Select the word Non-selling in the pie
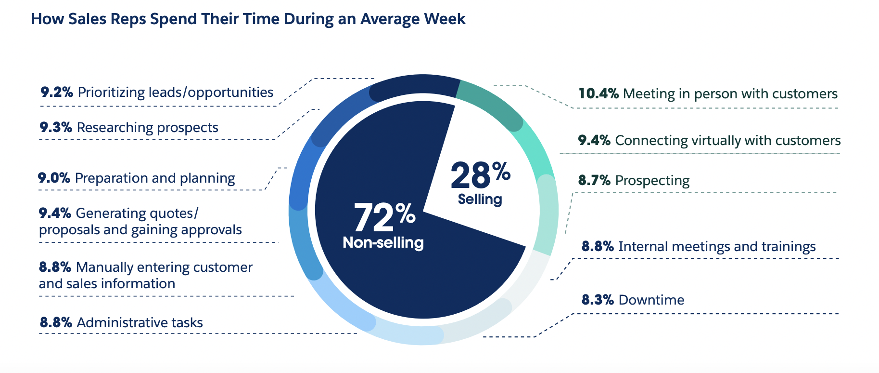(x=383, y=242)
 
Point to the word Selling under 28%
(x=480, y=199)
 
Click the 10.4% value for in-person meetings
(x=598, y=93)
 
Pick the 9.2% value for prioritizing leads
(x=57, y=92)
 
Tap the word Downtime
(x=651, y=300)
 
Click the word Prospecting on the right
(x=652, y=181)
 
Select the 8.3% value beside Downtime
(x=598, y=300)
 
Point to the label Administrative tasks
(x=140, y=322)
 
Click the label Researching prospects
(x=147, y=128)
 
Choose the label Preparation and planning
(x=155, y=178)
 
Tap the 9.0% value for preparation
(x=54, y=178)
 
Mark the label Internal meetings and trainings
(x=717, y=247)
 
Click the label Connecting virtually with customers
(x=727, y=141)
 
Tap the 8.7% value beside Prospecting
(x=594, y=181)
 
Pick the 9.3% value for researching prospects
(x=56, y=128)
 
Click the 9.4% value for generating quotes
(x=55, y=213)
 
